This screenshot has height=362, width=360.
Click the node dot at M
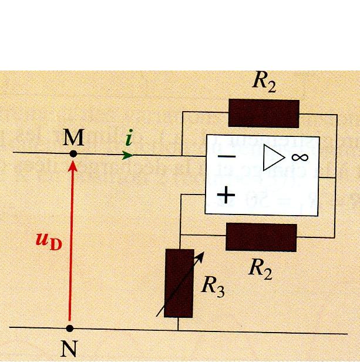click(x=73, y=154)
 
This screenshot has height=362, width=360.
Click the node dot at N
click(x=70, y=327)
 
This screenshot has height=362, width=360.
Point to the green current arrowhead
click(x=128, y=155)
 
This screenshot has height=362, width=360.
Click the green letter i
click(x=130, y=139)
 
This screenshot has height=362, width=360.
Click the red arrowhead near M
click(x=73, y=166)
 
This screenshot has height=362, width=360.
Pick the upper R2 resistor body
click(x=264, y=113)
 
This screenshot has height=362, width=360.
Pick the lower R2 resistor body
click(x=261, y=237)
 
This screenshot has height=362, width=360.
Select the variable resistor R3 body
click(x=179, y=283)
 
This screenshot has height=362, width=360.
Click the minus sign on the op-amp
click(x=226, y=157)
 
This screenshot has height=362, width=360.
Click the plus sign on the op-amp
click(x=226, y=193)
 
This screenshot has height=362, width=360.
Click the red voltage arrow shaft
click(x=70, y=247)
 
